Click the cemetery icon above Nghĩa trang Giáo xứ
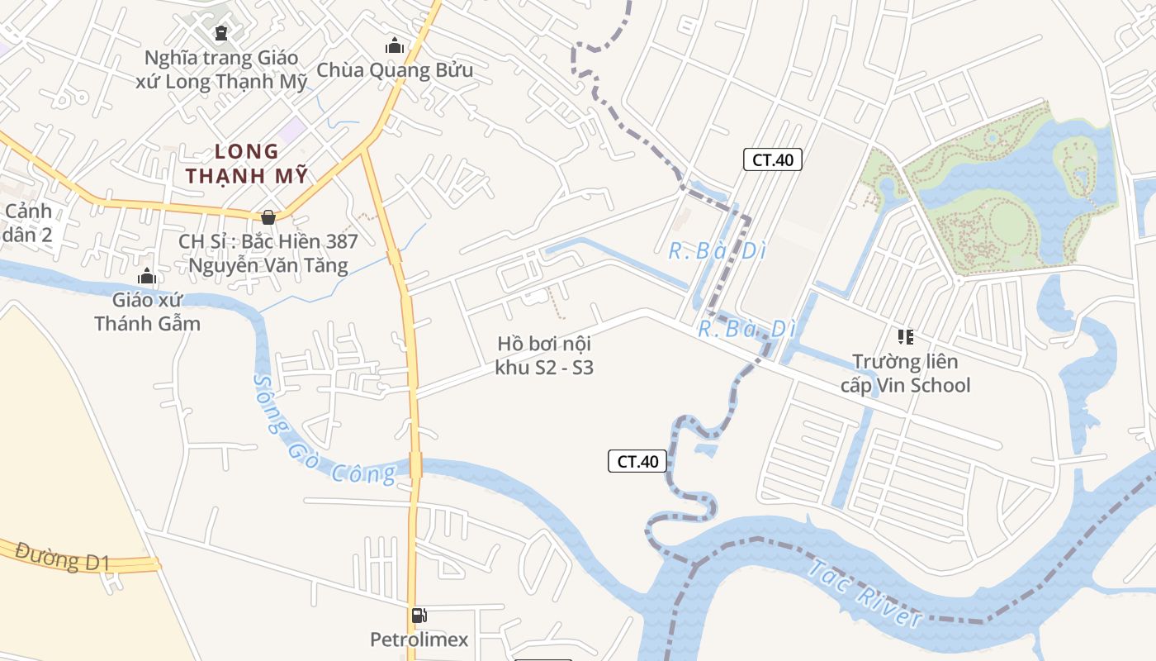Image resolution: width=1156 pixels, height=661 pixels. point(220,33)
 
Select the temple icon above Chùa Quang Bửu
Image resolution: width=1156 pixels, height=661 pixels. point(395,45)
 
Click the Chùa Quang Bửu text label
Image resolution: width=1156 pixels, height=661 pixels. point(395,70)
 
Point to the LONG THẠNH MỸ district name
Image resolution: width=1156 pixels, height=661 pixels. point(247,164)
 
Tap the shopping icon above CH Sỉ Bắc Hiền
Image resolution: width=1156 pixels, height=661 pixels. point(268,217)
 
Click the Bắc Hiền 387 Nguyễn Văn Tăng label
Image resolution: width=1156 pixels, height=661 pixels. point(268,254)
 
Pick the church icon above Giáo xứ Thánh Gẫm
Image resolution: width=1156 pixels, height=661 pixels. point(147,276)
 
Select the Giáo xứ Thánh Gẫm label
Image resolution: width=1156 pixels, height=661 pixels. point(147,311)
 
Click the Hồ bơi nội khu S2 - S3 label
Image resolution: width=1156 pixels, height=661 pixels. point(544,355)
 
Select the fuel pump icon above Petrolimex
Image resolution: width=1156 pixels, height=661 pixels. point(419,616)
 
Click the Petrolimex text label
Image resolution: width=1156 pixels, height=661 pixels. point(419,640)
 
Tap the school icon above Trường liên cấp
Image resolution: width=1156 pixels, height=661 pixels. point(906,336)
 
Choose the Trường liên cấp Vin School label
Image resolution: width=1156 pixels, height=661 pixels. point(905,373)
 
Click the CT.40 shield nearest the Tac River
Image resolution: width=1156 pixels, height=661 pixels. point(637,461)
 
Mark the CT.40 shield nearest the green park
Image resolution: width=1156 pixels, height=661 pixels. point(773,159)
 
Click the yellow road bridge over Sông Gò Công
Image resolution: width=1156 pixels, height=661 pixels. point(415,464)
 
